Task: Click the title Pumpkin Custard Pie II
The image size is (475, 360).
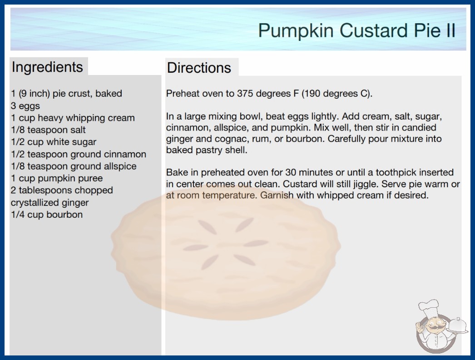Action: [356, 30]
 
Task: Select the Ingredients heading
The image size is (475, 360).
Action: [47, 67]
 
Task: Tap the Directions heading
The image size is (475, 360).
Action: [199, 68]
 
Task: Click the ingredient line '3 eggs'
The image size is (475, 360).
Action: [25, 106]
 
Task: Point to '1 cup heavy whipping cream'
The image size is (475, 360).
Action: [73, 118]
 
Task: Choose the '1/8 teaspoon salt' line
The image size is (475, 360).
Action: [48, 130]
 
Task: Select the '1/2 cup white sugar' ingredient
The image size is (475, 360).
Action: [54, 142]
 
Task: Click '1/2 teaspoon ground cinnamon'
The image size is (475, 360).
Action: [79, 154]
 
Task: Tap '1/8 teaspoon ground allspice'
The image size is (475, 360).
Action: [74, 166]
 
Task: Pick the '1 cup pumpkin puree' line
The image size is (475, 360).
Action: [57, 178]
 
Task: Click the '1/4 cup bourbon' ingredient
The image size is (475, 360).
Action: [47, 215]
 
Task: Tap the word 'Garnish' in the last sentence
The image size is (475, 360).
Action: [277, 195]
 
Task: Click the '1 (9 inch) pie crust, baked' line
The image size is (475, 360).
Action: [66, 94]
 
